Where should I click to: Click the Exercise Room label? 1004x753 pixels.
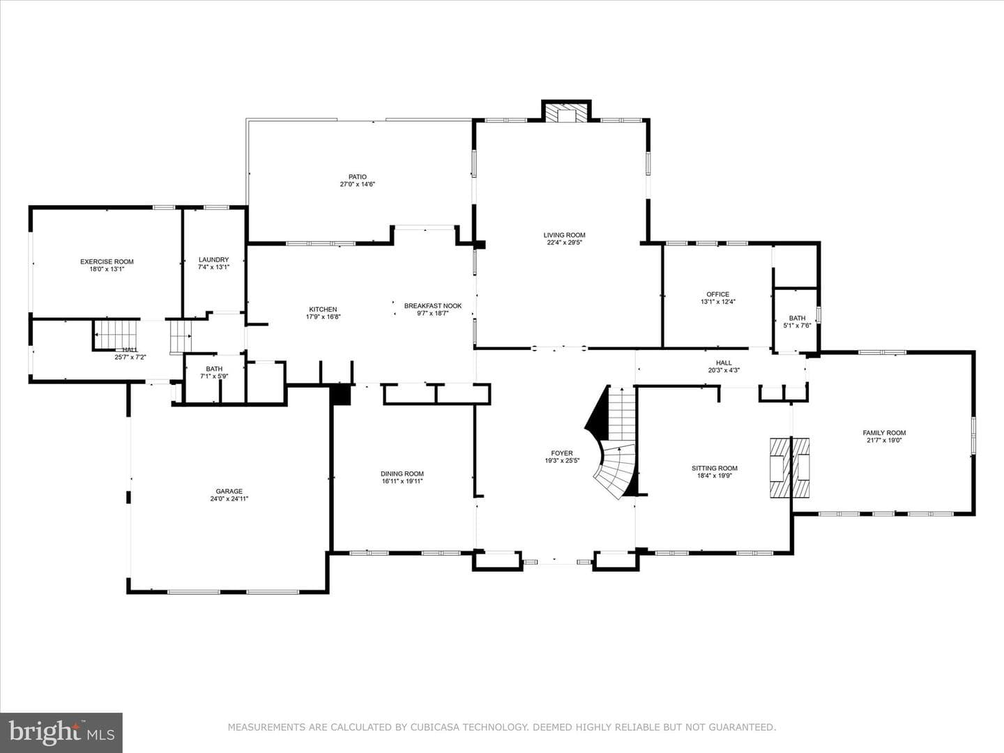107,262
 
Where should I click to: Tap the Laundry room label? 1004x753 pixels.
213,259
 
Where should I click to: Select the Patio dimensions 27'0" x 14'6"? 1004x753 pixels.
358,184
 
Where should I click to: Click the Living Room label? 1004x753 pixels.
565,235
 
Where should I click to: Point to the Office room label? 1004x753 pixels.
718,294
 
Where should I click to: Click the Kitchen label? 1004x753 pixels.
323,310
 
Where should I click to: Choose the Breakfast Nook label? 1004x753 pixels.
433,306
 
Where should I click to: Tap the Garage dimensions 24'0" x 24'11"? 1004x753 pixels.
229,499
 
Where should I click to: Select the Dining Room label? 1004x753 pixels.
402,473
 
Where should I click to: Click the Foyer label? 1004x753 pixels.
562,453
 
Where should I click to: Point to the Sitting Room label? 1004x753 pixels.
715,468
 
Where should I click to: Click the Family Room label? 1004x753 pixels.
884,433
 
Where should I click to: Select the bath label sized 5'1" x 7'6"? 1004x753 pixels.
797,318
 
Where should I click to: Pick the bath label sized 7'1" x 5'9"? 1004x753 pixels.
214,369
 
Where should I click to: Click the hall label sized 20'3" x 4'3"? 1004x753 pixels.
724,363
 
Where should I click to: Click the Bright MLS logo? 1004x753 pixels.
61,732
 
